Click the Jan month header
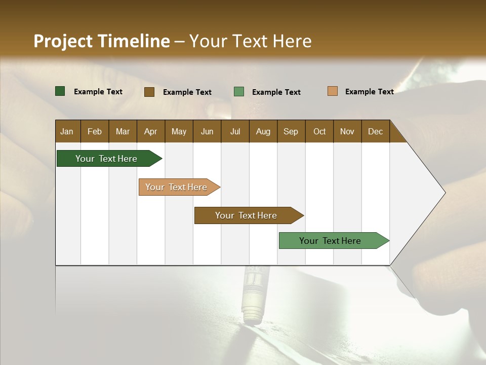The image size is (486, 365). [67, 131]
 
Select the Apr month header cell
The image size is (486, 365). [151, 131]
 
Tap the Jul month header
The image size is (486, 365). [235, 131]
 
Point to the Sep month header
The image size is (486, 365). [291, 131]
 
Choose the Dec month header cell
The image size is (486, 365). [375, 131]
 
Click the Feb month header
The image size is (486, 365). [95, 131]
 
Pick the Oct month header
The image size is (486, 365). [319, 131]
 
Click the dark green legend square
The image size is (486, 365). [60, 91]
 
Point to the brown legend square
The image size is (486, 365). [149, 92]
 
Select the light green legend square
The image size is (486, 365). [239, 92]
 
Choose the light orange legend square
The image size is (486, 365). [333, 91]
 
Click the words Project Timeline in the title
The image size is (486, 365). [101, 41]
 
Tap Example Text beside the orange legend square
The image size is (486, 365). [369, 92]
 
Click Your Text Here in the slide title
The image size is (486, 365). [250, 41]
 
